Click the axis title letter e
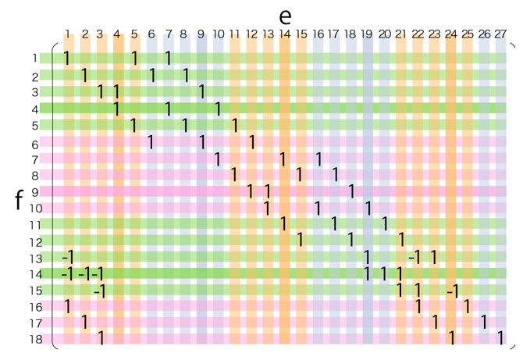click(x=285, y=16)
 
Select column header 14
click(x=284, y=34)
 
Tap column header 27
click(x=500, y=34)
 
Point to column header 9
click(x=201, y=34)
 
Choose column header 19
click(x=368, y=34)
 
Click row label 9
click(x=34, y=191)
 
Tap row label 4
click(x=34, y=109)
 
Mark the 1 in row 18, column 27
click(x=500, y=339)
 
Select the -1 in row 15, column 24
click(x=451, y=290)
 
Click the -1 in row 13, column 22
click(x=415, y=257)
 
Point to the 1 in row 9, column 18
click(x=351, y=191)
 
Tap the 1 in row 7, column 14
click(x=284, y=159)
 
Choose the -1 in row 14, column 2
click(x=84, y=274)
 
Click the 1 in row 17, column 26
click(x=484, y=322)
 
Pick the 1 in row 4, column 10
click(x=218, y=109)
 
